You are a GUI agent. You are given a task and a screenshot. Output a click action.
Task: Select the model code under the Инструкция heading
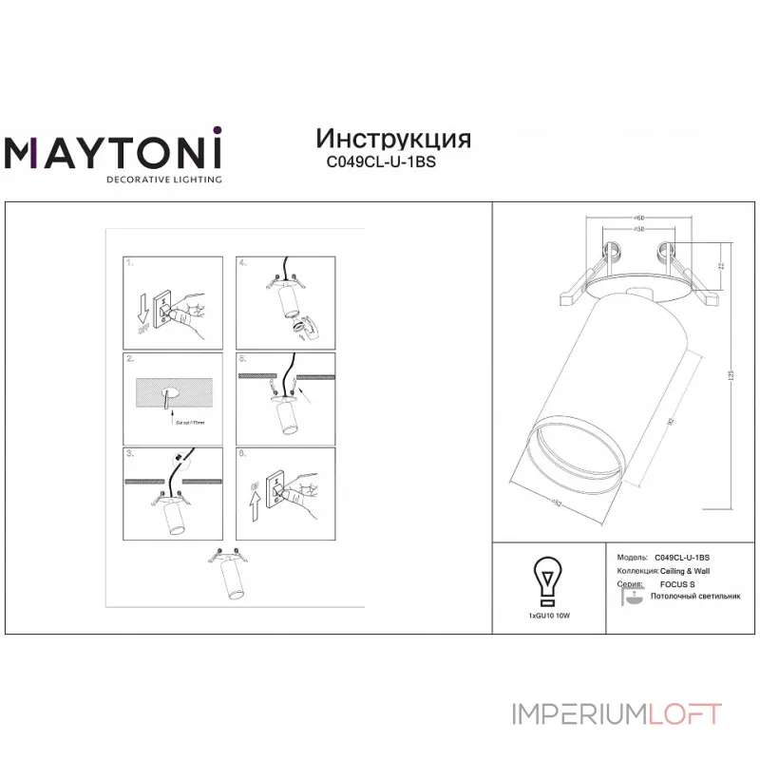(x=380, y=162)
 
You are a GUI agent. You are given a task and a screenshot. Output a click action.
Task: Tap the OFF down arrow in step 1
(x=142, y=311)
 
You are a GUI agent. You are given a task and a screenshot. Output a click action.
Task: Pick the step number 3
(x=131, y=454)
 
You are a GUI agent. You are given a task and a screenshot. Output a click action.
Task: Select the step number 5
(x=243, y=359)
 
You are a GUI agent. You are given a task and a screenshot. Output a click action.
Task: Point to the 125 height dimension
(x=731, y=376)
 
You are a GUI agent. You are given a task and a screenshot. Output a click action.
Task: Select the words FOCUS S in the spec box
(x=677, y=584)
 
